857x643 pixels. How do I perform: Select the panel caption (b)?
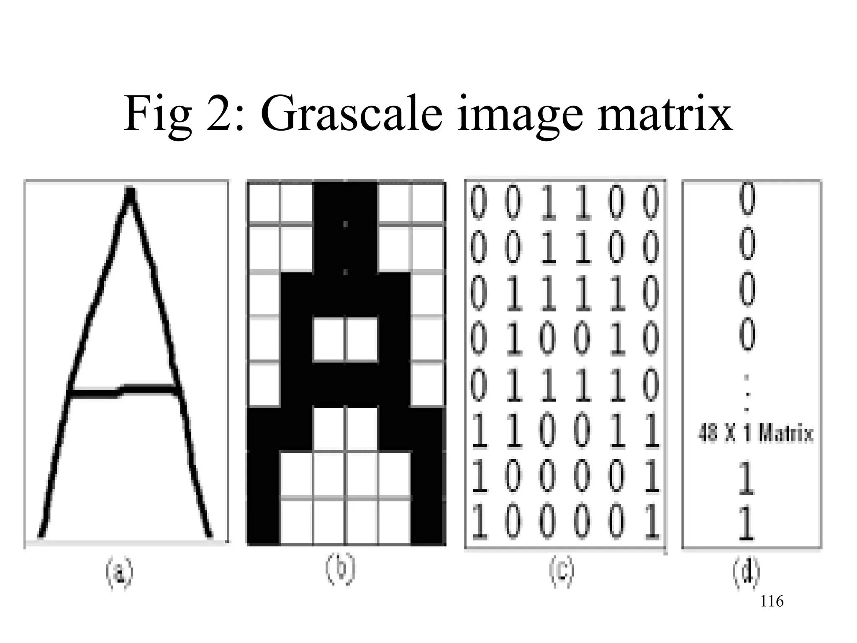(x=340, y=569)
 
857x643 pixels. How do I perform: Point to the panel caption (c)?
(x=562, y=571)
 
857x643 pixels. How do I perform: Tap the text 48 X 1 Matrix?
(x=756, y=433)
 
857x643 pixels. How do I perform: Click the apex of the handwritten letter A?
(x=131, y=193)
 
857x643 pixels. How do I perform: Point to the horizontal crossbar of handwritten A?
(x=124, y=391)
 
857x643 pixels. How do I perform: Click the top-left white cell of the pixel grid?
(x=264, y=203)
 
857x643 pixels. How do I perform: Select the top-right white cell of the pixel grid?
(x=427, y=203)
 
